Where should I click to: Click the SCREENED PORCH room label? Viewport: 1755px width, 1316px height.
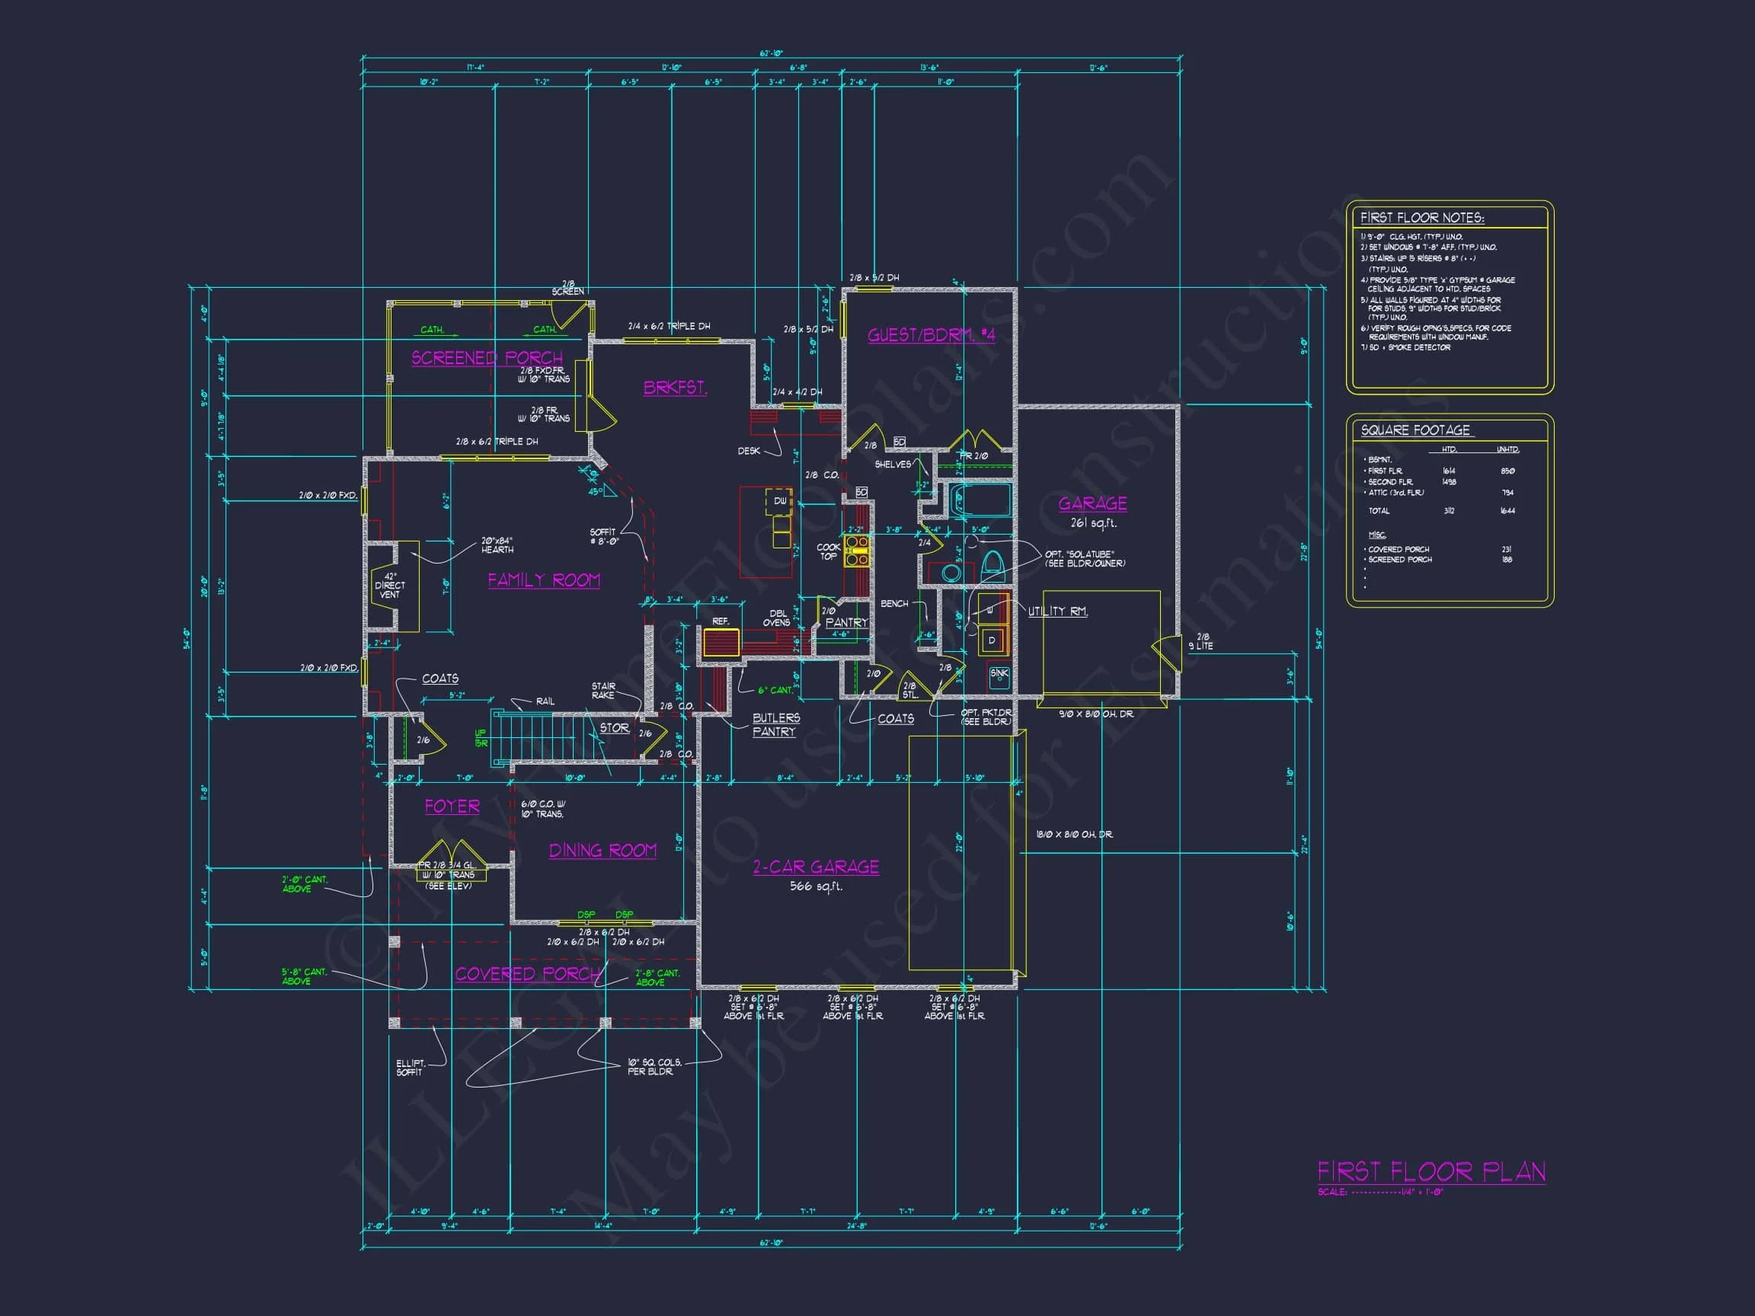coord(486,358)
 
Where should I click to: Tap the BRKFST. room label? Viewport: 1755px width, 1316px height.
coord(674,388)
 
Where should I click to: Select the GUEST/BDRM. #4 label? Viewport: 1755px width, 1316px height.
coord(931,335)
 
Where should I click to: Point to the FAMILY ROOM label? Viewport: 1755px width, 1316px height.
coord(543,580)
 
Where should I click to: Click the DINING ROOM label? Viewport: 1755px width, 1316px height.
coord(603,851)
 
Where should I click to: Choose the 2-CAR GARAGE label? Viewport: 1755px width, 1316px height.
coord(816,867)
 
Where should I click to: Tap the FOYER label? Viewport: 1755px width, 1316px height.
coord(452,806)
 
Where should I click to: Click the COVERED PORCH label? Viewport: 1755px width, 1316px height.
coord(528,973)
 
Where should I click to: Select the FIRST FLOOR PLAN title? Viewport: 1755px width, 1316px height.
coord(1431,1171)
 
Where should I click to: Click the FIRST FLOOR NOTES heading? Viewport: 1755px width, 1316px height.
coord(1422,217)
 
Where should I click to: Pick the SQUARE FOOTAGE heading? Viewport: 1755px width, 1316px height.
coord(1415,430)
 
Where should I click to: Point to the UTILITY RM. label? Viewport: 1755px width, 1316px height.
coord(1057,611)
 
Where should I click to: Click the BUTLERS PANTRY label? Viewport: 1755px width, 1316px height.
coord(775,724)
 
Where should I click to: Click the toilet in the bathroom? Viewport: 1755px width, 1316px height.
coord(993,566)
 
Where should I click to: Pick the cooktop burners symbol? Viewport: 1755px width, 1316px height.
coord(857,551)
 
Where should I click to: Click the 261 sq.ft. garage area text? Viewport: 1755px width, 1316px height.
coord(1092,523)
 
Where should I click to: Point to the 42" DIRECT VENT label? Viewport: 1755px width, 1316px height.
coord(389,586)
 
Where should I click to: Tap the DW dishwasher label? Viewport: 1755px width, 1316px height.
coord(780,501)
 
